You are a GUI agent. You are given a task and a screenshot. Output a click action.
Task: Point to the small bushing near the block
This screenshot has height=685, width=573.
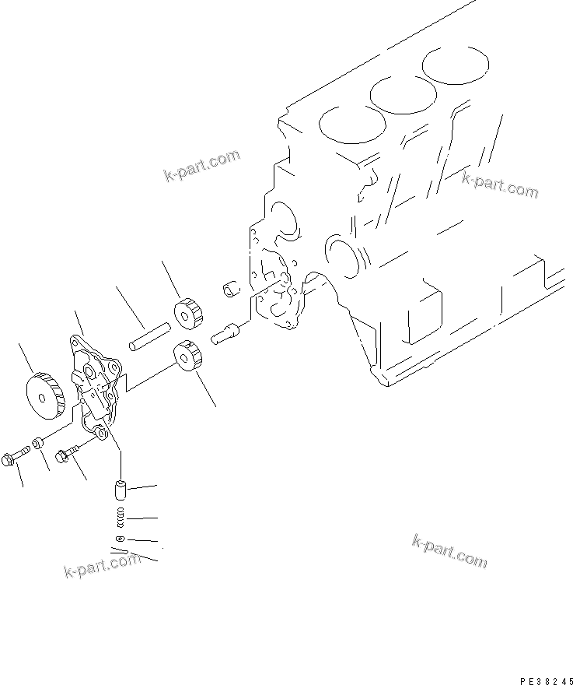[229, 290]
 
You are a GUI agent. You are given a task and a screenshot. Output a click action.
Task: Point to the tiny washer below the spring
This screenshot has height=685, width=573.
[119, 539]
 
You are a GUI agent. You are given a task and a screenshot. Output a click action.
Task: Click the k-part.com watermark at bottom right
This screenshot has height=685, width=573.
[449, 550]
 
